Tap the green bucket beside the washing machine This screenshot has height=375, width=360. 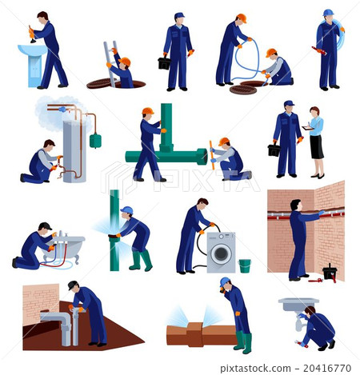pyautogui.click(x=245, y=265)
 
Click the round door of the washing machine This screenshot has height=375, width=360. pyautogui.click(x=221, y=253)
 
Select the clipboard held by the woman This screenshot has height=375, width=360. pyautogui.click(x=308, y=128)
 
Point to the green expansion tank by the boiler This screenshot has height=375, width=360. pyautogui.click(x=95, y=141)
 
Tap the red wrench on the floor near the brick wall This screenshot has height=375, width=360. pyautogui.click(x=315, y=281)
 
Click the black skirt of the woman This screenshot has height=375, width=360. pyautogui.click(x=317, y=147)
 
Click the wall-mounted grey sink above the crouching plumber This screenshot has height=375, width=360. pyautogui.click(x=298, y=304)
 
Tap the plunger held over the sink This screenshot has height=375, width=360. pyautogui.click(x=32, y=34)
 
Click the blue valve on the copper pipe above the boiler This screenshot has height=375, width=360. pyautogui.click(x=62, y=110)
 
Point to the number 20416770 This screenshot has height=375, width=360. pyautogui.click(x=327, y=368)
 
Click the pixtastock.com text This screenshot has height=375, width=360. pyautogui.click(x=255, y=369)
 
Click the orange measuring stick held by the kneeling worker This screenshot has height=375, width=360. pyautogui.click(x=212, y=155)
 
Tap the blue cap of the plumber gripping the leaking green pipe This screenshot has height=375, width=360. pyautogui.click(x=127, y=210)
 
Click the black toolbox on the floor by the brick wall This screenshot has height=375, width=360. pyautogui.click(x=330, y=273)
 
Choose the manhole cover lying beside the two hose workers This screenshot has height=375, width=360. pyautogui.click(x=243, y=90)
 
